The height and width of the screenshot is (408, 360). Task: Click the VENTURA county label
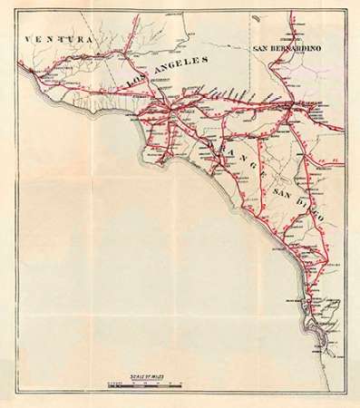61,40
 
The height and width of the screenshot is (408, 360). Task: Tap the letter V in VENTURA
31,40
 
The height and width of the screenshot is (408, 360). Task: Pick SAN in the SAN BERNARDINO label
261,48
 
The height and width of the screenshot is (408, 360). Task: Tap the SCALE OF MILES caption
146,379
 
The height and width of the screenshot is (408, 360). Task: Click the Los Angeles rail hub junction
169,108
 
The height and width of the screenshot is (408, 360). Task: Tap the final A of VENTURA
92,40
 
